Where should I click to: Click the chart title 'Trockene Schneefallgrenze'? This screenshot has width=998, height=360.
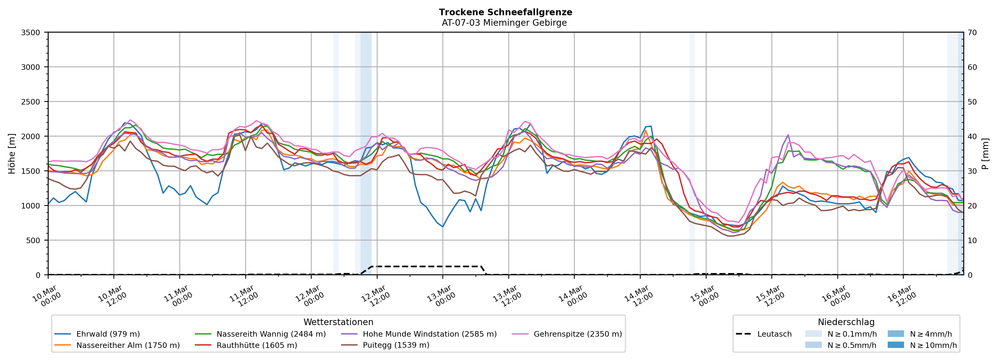[505, 12]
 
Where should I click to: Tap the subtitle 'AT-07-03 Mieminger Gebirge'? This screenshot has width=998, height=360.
[504, 23]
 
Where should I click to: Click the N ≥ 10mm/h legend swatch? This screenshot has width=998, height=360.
[895, 345]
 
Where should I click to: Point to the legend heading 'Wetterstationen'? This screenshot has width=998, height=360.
[338, 322]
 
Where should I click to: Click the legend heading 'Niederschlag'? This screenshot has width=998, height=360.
[846, 322]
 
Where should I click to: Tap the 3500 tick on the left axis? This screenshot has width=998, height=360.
[31, 33]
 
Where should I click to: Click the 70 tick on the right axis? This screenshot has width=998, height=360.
[972, 33]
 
